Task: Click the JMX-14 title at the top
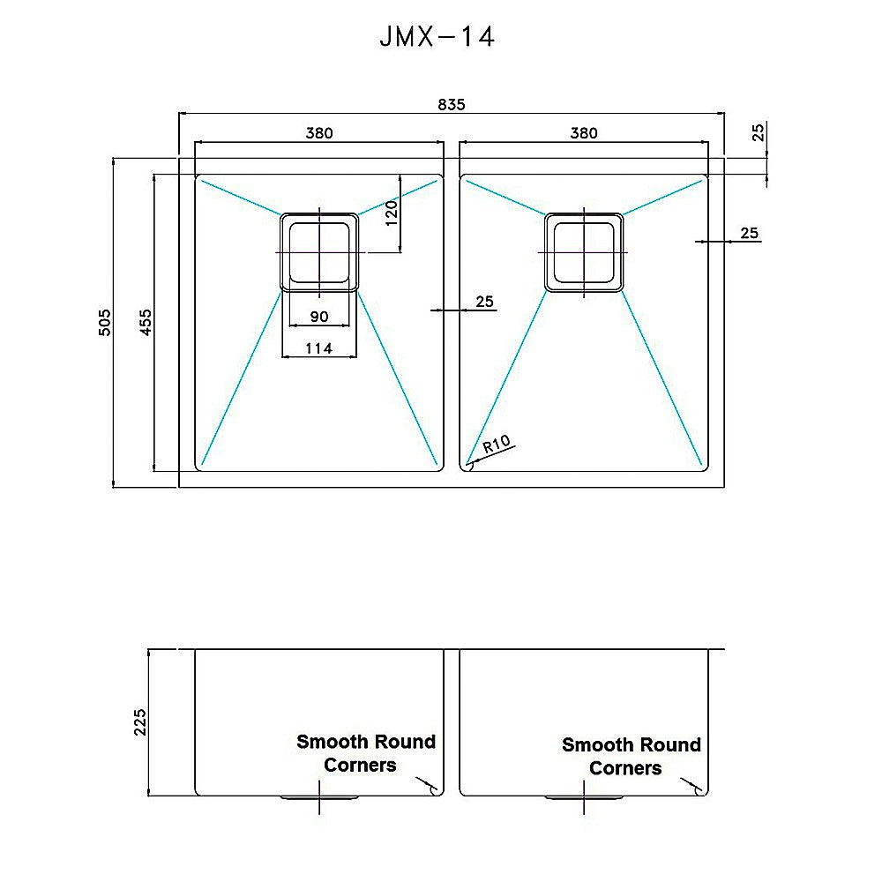437,38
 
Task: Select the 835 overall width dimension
451,104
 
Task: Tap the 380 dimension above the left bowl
319,133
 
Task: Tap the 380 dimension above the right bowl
583,133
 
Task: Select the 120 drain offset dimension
392,213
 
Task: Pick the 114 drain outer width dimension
318,348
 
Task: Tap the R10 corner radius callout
497,445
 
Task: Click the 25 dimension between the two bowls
484,302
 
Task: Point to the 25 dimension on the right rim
749,233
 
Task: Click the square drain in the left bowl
319,252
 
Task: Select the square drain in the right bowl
583,252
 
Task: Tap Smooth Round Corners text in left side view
365,753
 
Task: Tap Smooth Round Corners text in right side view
631,756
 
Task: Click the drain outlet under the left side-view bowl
319,798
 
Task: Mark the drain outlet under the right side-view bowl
583,798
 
